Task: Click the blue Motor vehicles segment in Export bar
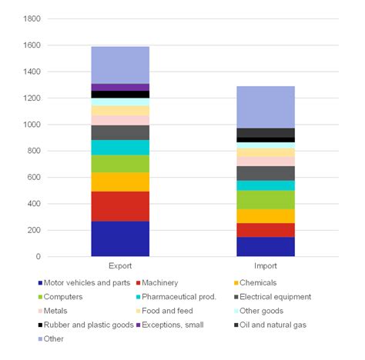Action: tap(120, 238)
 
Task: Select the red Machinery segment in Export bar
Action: tap(120, 206)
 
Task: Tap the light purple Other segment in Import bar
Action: tap(265, 107)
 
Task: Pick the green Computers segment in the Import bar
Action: tap(265, 199)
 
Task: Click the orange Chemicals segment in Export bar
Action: tap(120, 182)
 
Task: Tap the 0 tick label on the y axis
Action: tap(37, 257)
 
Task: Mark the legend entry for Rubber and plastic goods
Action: tap(85, 325)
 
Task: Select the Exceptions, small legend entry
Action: tap(174, 325)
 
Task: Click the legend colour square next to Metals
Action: tap(39, 311)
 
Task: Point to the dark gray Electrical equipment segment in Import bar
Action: tap(265, 173)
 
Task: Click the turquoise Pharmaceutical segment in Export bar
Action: tap(120, 147)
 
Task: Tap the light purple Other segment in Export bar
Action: tap(120, 65)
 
